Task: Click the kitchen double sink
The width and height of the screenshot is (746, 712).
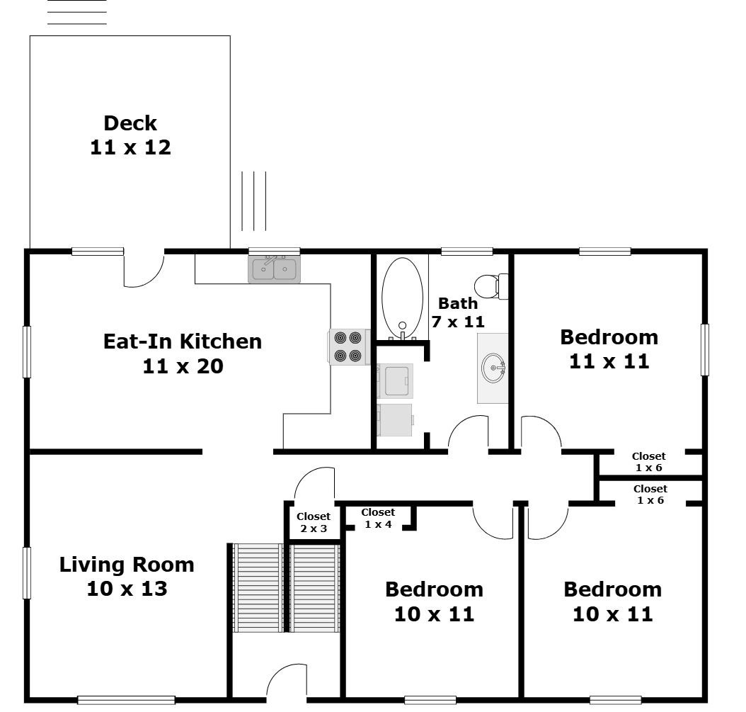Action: pos(274,270)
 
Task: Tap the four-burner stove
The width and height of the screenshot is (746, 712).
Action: pos(348,347)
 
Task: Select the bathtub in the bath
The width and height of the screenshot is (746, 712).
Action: pos(402,298)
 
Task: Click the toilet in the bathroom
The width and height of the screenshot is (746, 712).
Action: pos(490,286)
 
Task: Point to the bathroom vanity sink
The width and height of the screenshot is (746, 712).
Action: pos(493,368)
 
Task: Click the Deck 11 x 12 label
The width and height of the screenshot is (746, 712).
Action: pos(130,135)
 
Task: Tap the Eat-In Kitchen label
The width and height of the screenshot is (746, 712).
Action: pos(183,354)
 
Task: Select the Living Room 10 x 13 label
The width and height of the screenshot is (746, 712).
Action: pos(127,576)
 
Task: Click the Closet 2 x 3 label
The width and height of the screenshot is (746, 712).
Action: pos(314,522)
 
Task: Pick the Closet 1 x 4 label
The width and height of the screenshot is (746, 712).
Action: pos(378,518)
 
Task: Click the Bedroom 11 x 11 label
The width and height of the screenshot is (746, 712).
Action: pos(609,349)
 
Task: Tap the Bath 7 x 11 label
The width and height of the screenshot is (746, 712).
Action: pos(458,312)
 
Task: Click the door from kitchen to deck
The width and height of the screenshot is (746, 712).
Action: pos(144,270)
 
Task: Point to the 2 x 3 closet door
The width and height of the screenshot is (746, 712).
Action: pos(314,484)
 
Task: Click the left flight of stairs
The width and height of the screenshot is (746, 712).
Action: pos(258,587)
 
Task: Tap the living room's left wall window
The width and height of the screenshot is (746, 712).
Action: pos(27,572)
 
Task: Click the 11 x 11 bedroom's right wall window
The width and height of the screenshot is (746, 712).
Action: pos(704,349)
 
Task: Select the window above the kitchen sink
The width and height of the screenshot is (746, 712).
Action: pos(274,251)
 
